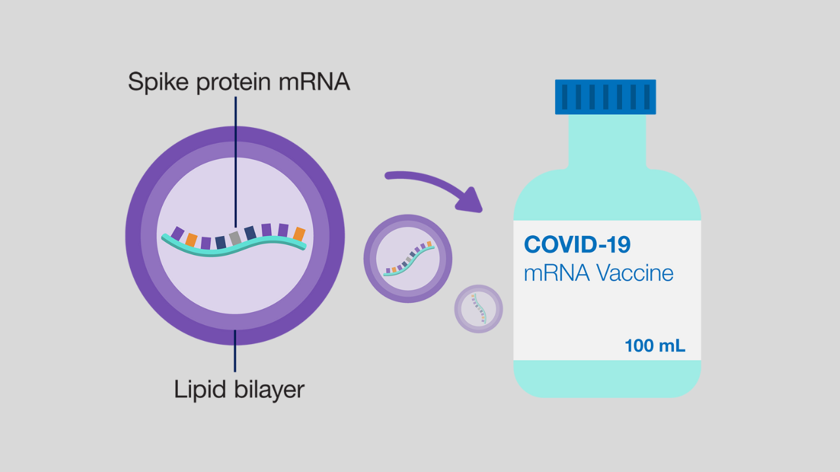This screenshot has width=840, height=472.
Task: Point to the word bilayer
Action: tap(269, 389)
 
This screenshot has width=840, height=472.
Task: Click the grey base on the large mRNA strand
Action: tap(234, 238)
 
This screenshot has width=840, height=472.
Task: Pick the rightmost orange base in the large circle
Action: tap(299, 234)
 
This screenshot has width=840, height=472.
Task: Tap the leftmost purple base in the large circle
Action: tap(177, 233)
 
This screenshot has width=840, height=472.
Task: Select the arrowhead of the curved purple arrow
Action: tap(471, 200)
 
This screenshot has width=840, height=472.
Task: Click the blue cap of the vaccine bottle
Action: tap(605, 97)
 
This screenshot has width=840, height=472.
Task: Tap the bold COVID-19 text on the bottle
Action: tap(577, 245)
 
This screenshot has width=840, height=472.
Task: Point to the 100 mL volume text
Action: tap(655, 345)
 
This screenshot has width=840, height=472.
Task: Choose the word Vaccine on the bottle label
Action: tap(636, 272)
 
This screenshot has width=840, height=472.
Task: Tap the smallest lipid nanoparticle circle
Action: tap(479, 308)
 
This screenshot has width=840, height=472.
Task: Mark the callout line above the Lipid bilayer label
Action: tap(235, 351)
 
